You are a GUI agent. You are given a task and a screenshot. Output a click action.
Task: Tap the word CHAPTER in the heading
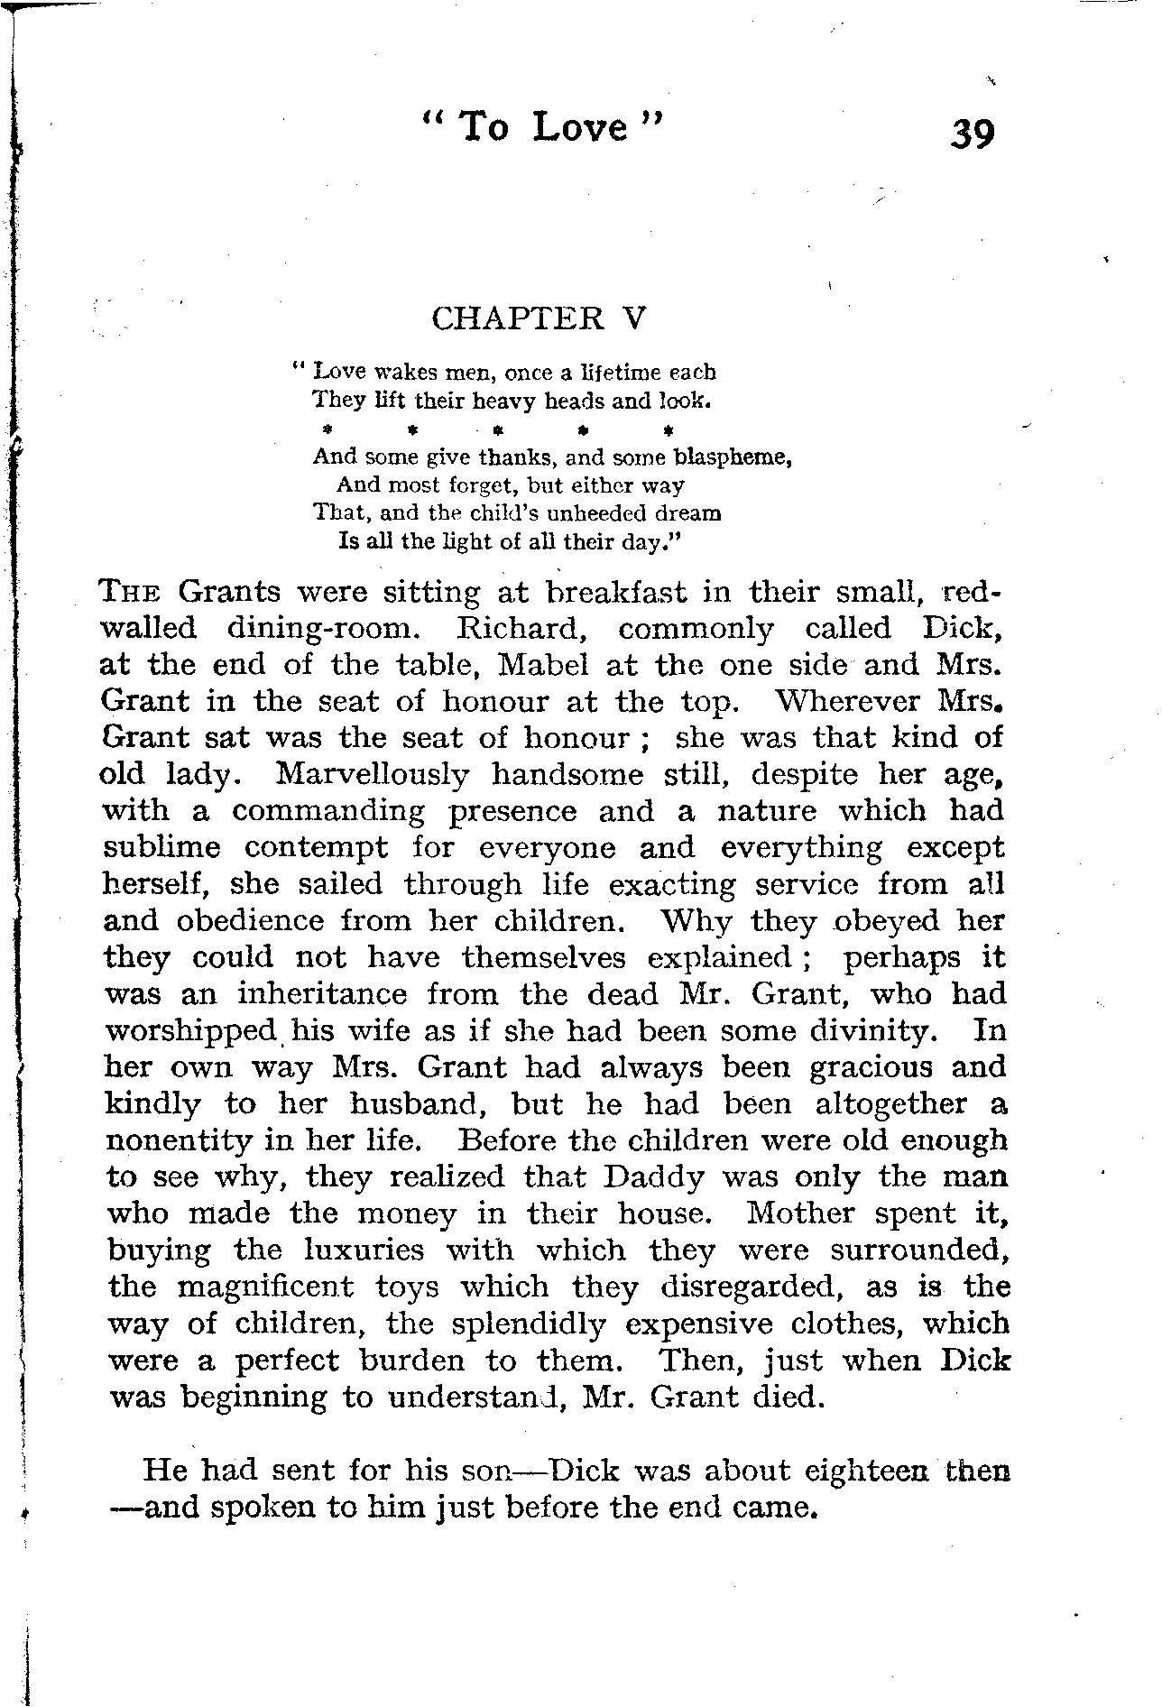(x=518, y=318)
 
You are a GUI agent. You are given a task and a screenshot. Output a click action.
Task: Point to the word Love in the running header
(x=579, y=127)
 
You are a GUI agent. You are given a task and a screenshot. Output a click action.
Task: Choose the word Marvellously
(x=373, y=776)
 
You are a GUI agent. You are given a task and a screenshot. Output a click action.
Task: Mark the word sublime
(x=162, y=848)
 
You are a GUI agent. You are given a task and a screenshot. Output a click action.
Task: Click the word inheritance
(x=322, y=994)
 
